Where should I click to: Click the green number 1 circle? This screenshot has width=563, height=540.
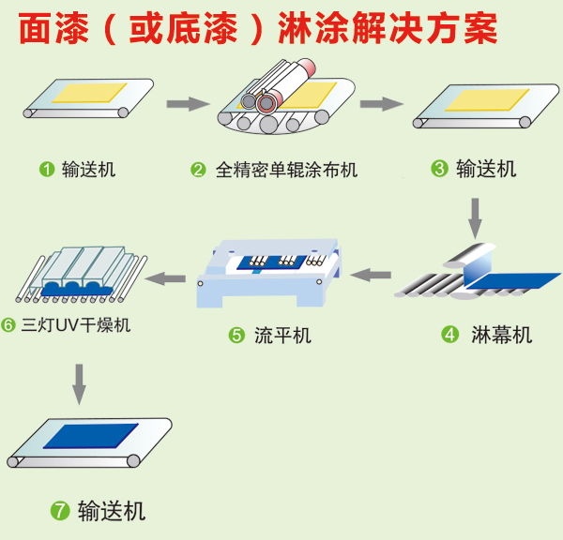click(x=46, y=170)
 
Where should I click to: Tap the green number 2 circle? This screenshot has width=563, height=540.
click(x=198, y=170)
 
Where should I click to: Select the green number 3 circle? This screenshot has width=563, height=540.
click(x=438, y=169)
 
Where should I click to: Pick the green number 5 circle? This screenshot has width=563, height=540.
click(x=236, y=335)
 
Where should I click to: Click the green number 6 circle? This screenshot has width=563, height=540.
click(x=8, y=326)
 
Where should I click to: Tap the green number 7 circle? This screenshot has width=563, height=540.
click(x=60, y=511)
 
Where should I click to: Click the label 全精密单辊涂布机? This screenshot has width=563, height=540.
click(x=286, y=170)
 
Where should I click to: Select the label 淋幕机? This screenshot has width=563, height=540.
click(x=501, y=334)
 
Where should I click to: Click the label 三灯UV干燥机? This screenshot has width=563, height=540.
click(x=74, y=326)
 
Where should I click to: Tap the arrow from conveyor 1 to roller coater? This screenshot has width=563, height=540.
click(x=186, y=104)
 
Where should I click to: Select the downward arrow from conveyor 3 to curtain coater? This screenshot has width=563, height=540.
click(x=476, y=217)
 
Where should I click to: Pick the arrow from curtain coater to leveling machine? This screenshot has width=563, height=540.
click(x=370, y=275)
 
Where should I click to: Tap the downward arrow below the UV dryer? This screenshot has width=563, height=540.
click(x=80, y=381)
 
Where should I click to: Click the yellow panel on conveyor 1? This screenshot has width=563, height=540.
click(x=90, y=93)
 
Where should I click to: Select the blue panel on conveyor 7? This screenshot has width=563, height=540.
click(x=89, y=437)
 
